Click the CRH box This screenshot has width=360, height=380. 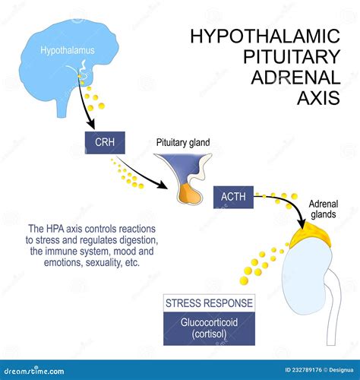105,143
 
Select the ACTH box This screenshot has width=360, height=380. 233,197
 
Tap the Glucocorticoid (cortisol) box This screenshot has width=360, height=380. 209,328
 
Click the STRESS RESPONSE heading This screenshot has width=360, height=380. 209,303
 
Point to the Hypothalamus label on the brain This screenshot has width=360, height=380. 68,50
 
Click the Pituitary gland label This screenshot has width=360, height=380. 183,142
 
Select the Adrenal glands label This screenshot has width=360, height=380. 324,209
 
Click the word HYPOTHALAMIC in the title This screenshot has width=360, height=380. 265,36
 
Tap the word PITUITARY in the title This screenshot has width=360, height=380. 292,56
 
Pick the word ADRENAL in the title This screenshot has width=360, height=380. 295,78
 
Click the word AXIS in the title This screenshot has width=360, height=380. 318,98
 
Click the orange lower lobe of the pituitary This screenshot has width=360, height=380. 188,195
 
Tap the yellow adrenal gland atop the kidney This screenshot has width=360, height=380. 311,235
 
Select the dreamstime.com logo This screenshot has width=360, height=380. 34,372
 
